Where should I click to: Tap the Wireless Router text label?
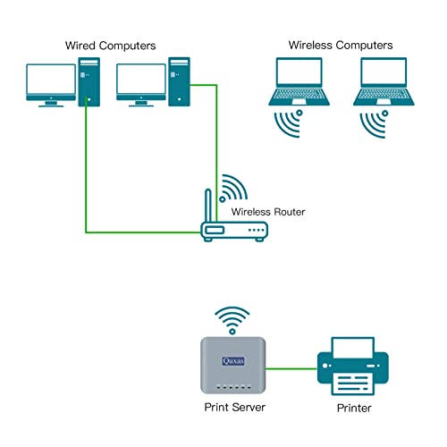[x=268, y=212]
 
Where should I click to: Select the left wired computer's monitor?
[x=50, y=82]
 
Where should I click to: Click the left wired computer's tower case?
[x=89, y=81]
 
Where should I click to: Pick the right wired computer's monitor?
[x=142, y=82]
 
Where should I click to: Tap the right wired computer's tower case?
[x=181, y=81]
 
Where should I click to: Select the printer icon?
[x=353, y=366]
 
